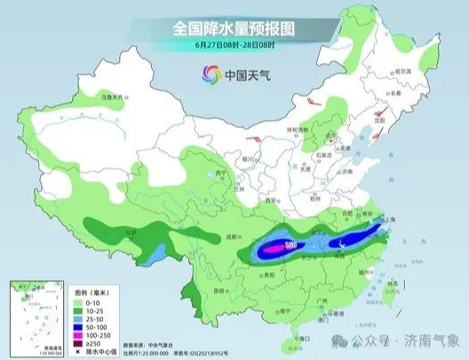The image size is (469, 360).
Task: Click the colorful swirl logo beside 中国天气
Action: [210, 74]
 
